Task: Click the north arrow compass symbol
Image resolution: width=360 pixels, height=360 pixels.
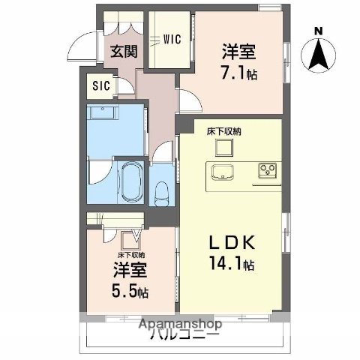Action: click(x=319, y=53)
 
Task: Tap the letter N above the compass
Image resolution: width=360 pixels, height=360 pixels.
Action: click(x=319, y=31)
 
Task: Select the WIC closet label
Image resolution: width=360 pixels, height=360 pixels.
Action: click(x=171, y=40)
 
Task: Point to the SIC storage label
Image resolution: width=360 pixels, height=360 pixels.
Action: click(x=101, y=86)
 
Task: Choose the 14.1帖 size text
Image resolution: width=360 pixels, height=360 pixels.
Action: click(x=233, y=264)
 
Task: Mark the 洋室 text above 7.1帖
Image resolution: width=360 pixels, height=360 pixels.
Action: click(x=238, y=52)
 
